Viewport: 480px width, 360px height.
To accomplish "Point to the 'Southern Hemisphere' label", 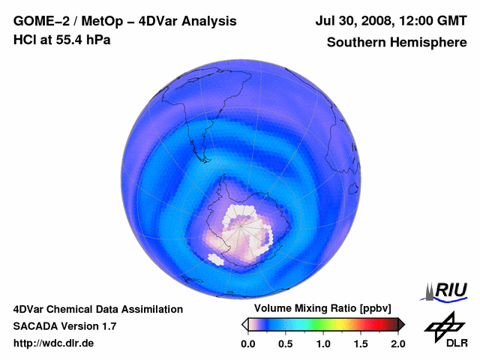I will point(396,42).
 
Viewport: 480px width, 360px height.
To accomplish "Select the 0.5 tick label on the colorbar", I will point(285,343).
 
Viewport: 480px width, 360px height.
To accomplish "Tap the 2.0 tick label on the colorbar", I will point(397,343).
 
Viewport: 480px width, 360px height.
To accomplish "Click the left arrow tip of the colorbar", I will point(244,324).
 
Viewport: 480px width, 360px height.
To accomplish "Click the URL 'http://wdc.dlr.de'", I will point(54,343).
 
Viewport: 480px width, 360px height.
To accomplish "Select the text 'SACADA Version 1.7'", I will point(64,326).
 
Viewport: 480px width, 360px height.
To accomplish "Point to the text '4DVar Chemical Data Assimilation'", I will point(97,309).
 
